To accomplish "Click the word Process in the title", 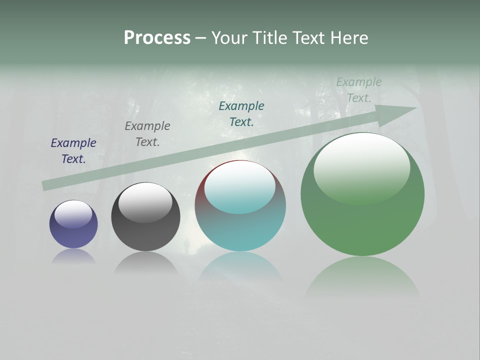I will click(157, 38).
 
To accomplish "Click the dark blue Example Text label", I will click(73, 151).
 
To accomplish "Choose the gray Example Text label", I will click(147, 134).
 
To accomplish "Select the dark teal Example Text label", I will click(241, 114).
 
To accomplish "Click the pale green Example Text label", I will click(359, 90).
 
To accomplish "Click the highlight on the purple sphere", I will click(73, 213).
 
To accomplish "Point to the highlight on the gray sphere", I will click(145, 201).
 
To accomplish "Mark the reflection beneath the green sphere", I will click(362, 275).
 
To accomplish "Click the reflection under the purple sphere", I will click(73, 256).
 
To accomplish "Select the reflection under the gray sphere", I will click(145, 262).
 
